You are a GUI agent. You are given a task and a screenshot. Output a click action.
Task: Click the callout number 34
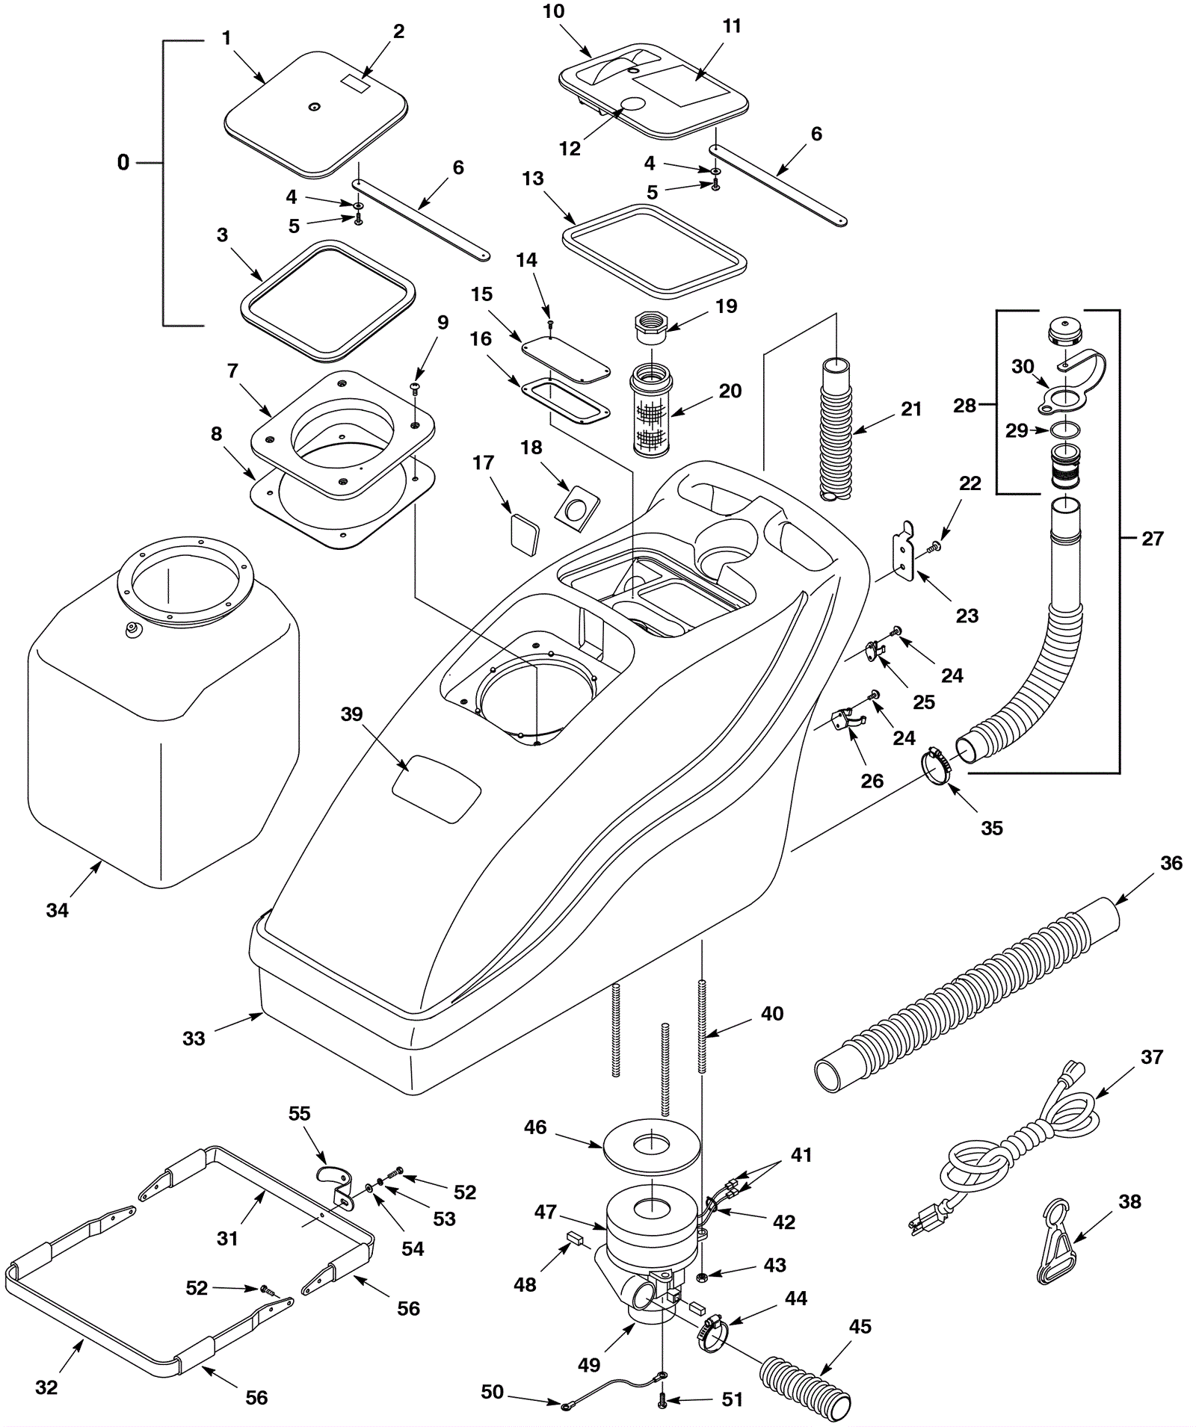tap(58, 910)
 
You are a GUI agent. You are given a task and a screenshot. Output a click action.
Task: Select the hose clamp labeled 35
tap(939, 766)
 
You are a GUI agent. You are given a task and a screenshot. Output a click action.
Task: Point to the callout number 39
tap(351, 714)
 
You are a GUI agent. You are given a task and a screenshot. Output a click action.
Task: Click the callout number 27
tap(1153, 538)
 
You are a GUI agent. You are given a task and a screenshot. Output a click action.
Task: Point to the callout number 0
tap(123, 162)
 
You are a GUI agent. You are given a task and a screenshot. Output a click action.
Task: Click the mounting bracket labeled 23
tap(904, 553)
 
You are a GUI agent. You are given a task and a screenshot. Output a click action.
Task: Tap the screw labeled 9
tap(414, 386)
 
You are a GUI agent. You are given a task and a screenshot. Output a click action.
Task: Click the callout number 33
tap(194, 1038)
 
